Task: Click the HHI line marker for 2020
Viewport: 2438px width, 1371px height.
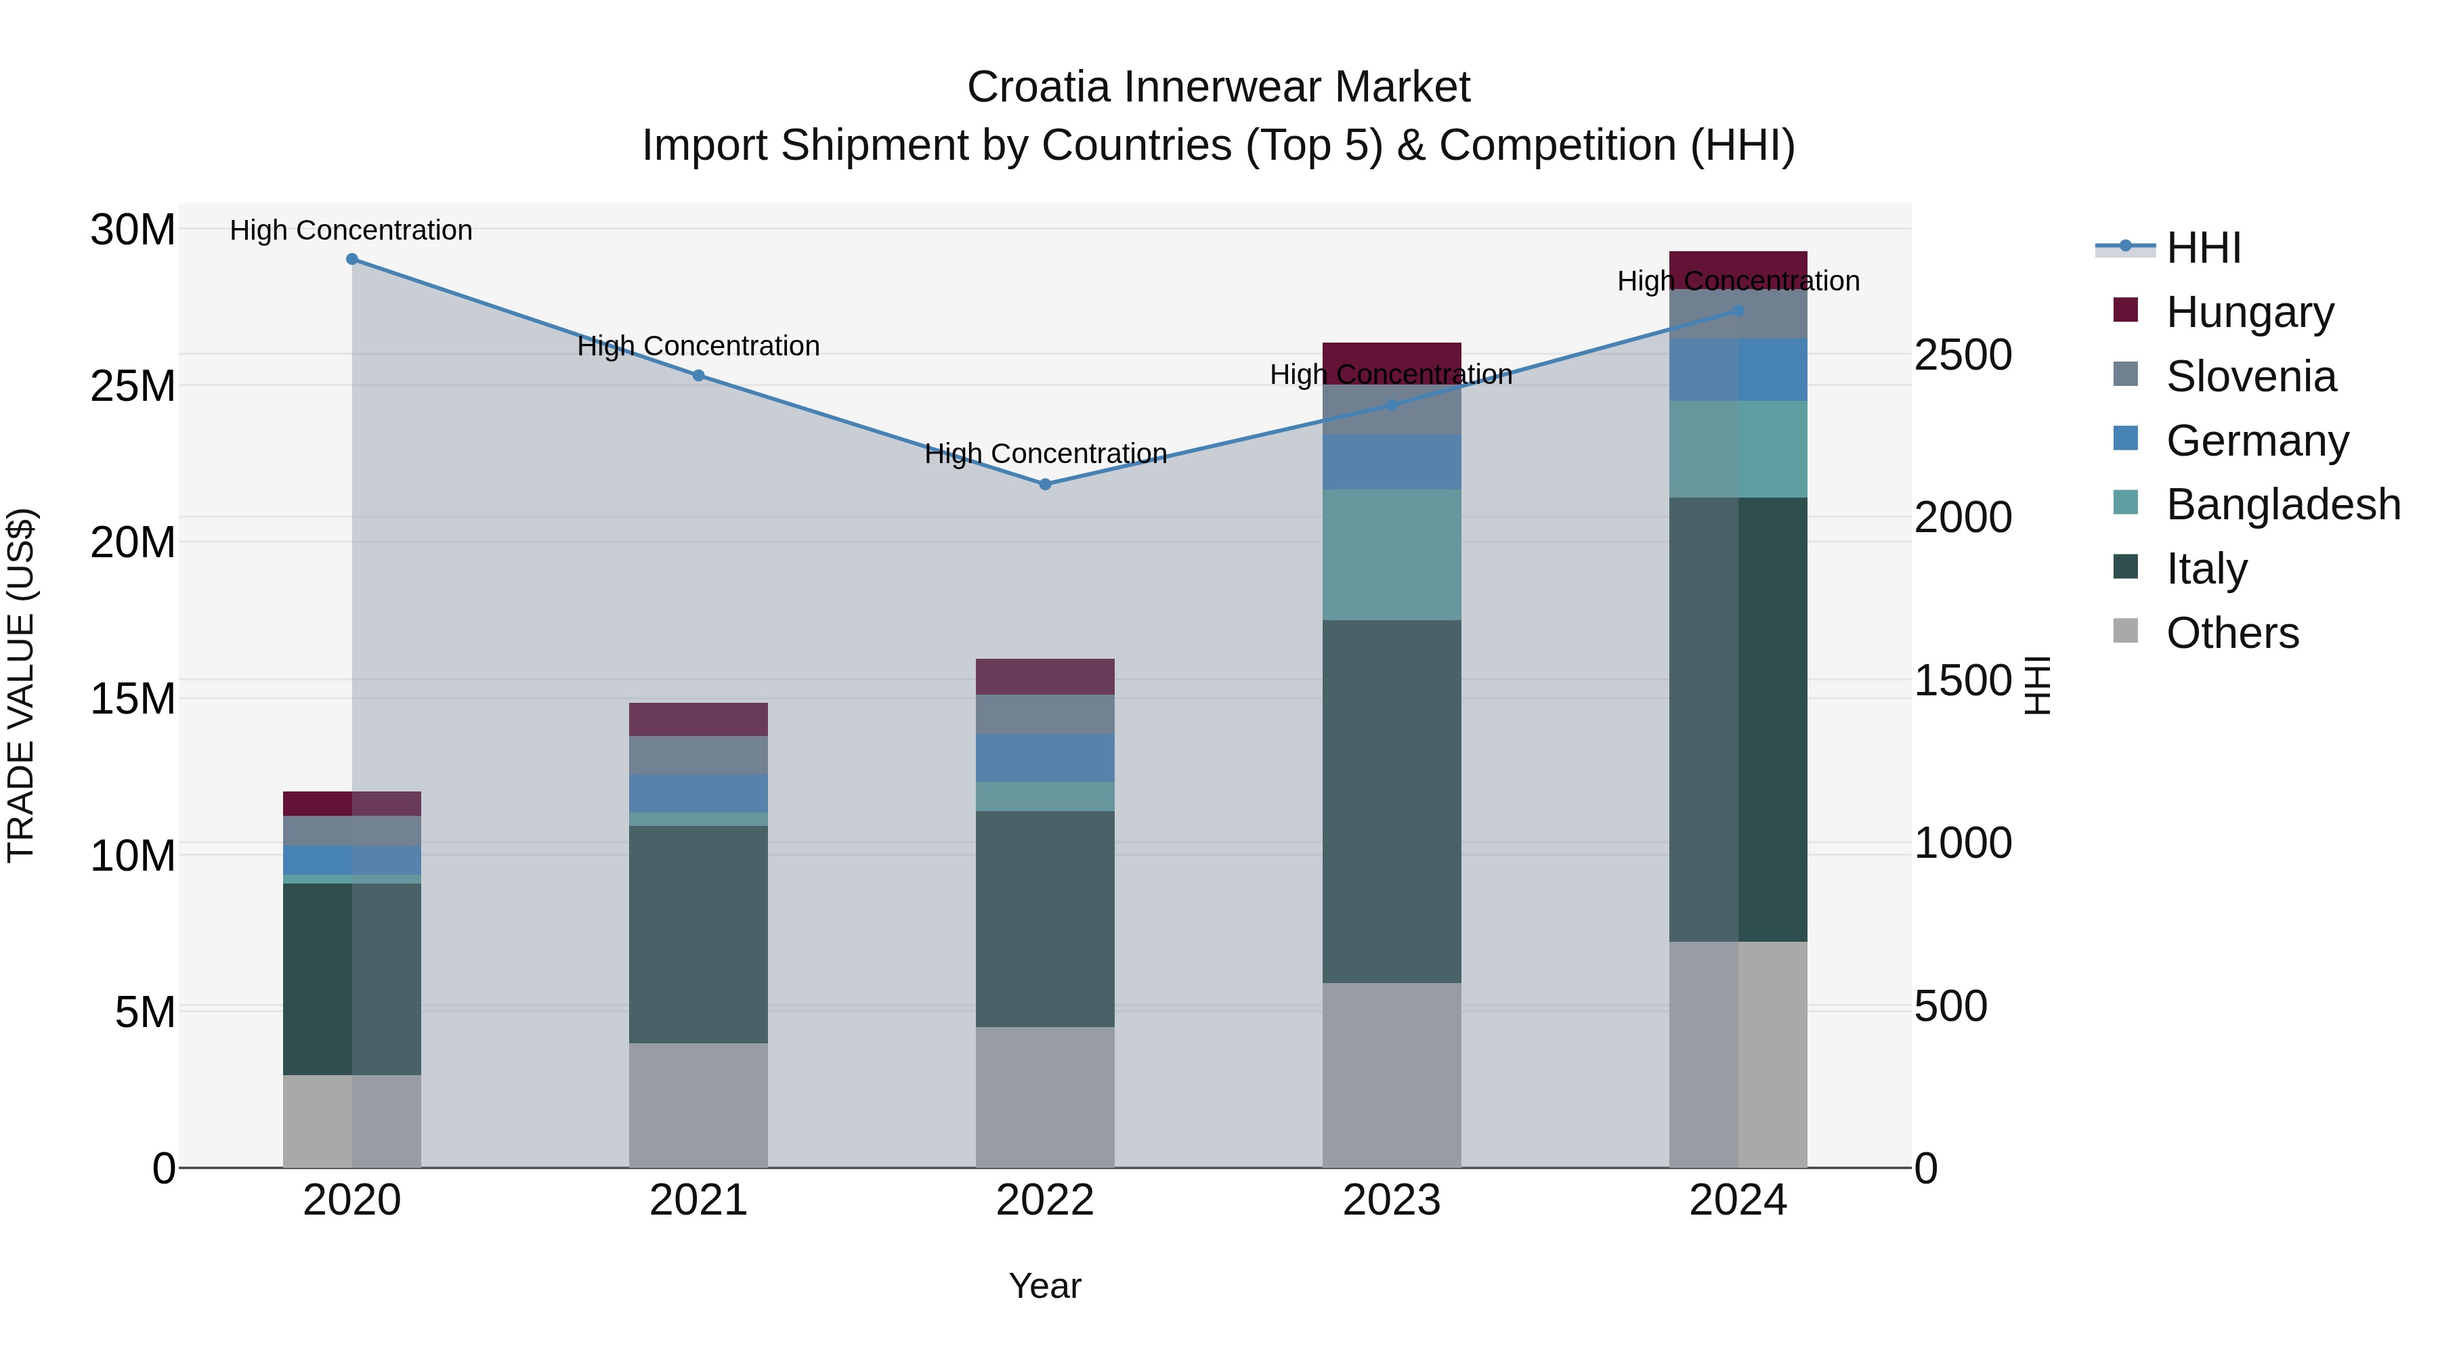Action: pos(352,259)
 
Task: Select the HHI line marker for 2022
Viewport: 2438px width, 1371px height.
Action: pos(1045,485)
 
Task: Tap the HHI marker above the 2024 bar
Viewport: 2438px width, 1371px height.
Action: pos(1738,310)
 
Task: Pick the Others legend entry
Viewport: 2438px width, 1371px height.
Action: pos(2231,633)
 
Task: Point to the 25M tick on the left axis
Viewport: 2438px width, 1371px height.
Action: pos(133,386)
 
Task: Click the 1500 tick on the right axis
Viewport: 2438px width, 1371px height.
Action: pos(1963,681)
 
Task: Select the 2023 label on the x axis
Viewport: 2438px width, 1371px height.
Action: pos(1391,1200)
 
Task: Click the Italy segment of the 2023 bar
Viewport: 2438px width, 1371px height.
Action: pos(1391,802)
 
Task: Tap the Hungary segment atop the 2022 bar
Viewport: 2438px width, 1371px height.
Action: pos(1045,676)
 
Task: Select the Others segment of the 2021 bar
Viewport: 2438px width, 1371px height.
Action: pos(698,1105)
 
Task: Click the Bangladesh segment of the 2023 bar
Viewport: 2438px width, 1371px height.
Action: pos(1391,554)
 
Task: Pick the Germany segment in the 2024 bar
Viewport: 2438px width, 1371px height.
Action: pos(1738,370)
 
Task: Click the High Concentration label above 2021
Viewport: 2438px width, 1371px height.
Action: pos(698,346)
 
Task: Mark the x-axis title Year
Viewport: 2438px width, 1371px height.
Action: pos(1045,1286)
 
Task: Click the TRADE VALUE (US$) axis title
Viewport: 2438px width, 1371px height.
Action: pos(22,685)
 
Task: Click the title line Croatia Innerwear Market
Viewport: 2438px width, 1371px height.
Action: pos(1218,88)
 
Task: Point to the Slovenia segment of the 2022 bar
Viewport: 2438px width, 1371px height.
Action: pos(1045,714)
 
